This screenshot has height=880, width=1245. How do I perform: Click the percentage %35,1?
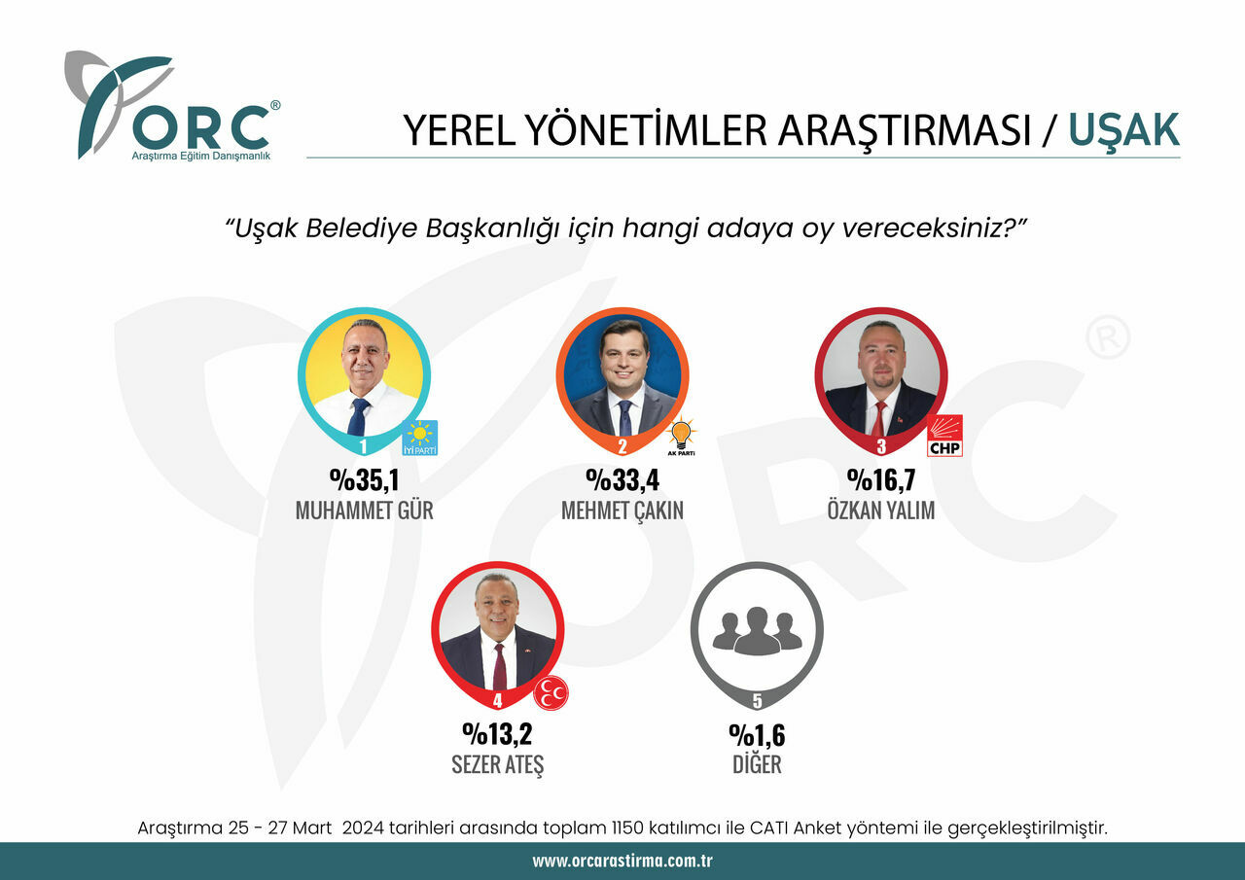point(364,480)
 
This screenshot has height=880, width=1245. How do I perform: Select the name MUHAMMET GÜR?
point(364,510)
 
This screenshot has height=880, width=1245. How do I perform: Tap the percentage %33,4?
point(622,480)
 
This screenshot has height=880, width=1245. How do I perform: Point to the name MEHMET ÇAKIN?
point(622,510)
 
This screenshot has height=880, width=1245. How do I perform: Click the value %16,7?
point(881,480)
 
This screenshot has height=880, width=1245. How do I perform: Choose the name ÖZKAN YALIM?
point(881,510)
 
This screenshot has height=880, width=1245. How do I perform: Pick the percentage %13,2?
point(497,734)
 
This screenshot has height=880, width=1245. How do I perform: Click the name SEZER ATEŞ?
point(497,763)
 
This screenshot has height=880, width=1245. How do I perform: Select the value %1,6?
point(757,734)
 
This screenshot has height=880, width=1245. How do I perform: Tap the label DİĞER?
point(757,763)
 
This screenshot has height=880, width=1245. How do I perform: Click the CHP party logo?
point(944,436)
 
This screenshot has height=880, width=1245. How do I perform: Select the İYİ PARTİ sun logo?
point(420,438)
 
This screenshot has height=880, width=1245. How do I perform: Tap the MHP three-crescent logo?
point(551,693)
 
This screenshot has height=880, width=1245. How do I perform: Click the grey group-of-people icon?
point(757,631)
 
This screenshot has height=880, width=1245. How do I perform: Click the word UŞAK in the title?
point(1123,130)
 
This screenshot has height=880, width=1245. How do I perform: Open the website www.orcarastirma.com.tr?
point(622,862)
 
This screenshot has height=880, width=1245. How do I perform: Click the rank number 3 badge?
point(881,447)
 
